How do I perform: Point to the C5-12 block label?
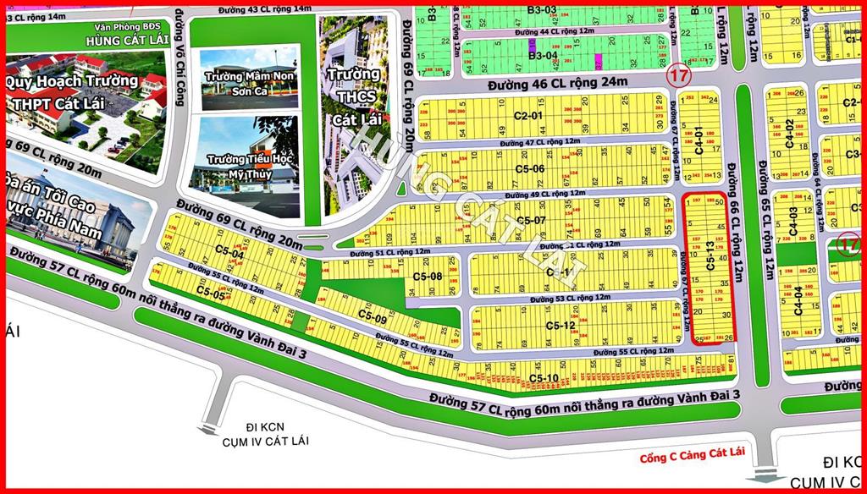(x=561, y=325)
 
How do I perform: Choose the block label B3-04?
(x=543, y=56)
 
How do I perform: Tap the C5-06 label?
(x=530, y=168)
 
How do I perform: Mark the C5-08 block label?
(x=428, y=277)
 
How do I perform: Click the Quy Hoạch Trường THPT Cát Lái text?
(x=71, y=92)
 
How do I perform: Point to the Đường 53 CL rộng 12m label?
(x=571, y=299)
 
